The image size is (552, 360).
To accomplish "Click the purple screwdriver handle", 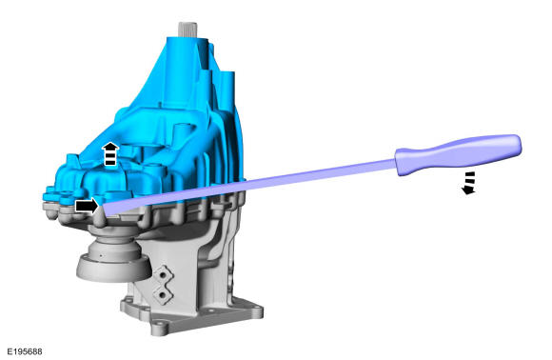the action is (x=458, y=154).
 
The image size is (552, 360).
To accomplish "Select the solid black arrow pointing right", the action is (x=87, y=206).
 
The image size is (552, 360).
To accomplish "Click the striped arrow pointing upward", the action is (x=110, y=153).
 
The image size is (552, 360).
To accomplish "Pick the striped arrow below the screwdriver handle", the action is (x=469, y=183).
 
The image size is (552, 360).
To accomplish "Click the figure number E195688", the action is (x=25, y=351).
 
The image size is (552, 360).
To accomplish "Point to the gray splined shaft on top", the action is (x=187, y=29).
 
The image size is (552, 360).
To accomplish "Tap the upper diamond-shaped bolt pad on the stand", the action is (x=163, y=273).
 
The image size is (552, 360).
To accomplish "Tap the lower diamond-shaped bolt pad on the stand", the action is (x=163, y=294).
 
